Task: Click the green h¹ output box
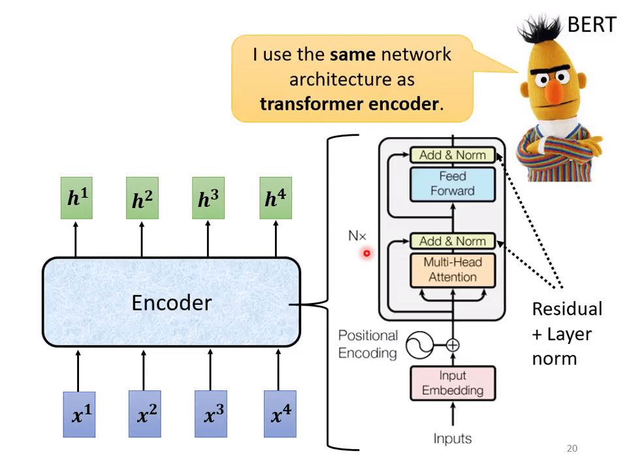tap(76, 198)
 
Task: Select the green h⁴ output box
tap(275, 198)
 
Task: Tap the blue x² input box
tap(144, 413)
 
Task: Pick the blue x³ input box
tap(211, 413)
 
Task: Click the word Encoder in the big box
tap(171, 302)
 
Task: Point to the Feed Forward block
tap(452, 183)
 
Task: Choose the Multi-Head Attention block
tap(452, 270)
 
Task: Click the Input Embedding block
tap(452, 383)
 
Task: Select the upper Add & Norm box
tap(452, 155)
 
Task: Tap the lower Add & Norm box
tap(452, 241)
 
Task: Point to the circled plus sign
tap(453, 345)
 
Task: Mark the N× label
tap(357, 236)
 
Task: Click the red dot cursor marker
tap(367, 253)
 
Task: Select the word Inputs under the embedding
tap(452, 438)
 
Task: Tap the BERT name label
tap(591, 25)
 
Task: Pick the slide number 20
tap(572, 448)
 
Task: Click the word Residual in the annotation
tap(567, 309)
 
